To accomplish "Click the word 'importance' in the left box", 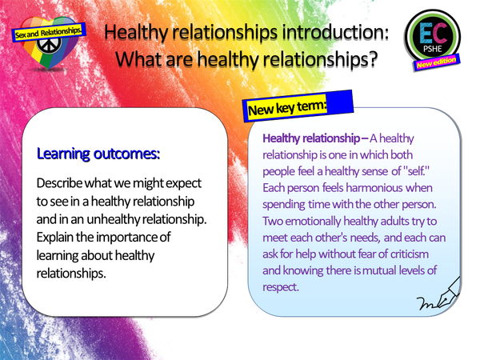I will pyautogui.click(x=144, y=238).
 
